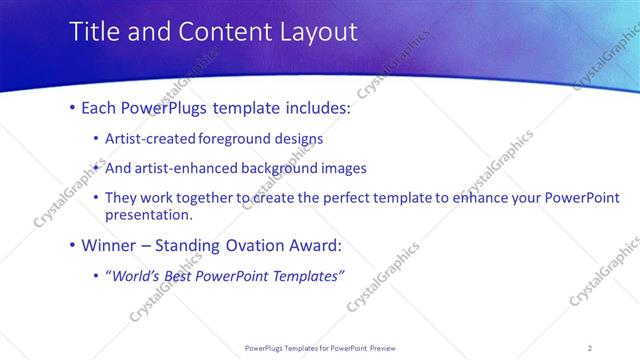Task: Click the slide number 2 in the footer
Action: click(590, 348)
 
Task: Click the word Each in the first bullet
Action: click(103, 107)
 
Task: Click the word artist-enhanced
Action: click(184, 168)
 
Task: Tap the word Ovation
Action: click(255, 244)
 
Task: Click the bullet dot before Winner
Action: click(72, 245)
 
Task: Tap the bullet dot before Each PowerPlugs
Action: click(72, 108)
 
